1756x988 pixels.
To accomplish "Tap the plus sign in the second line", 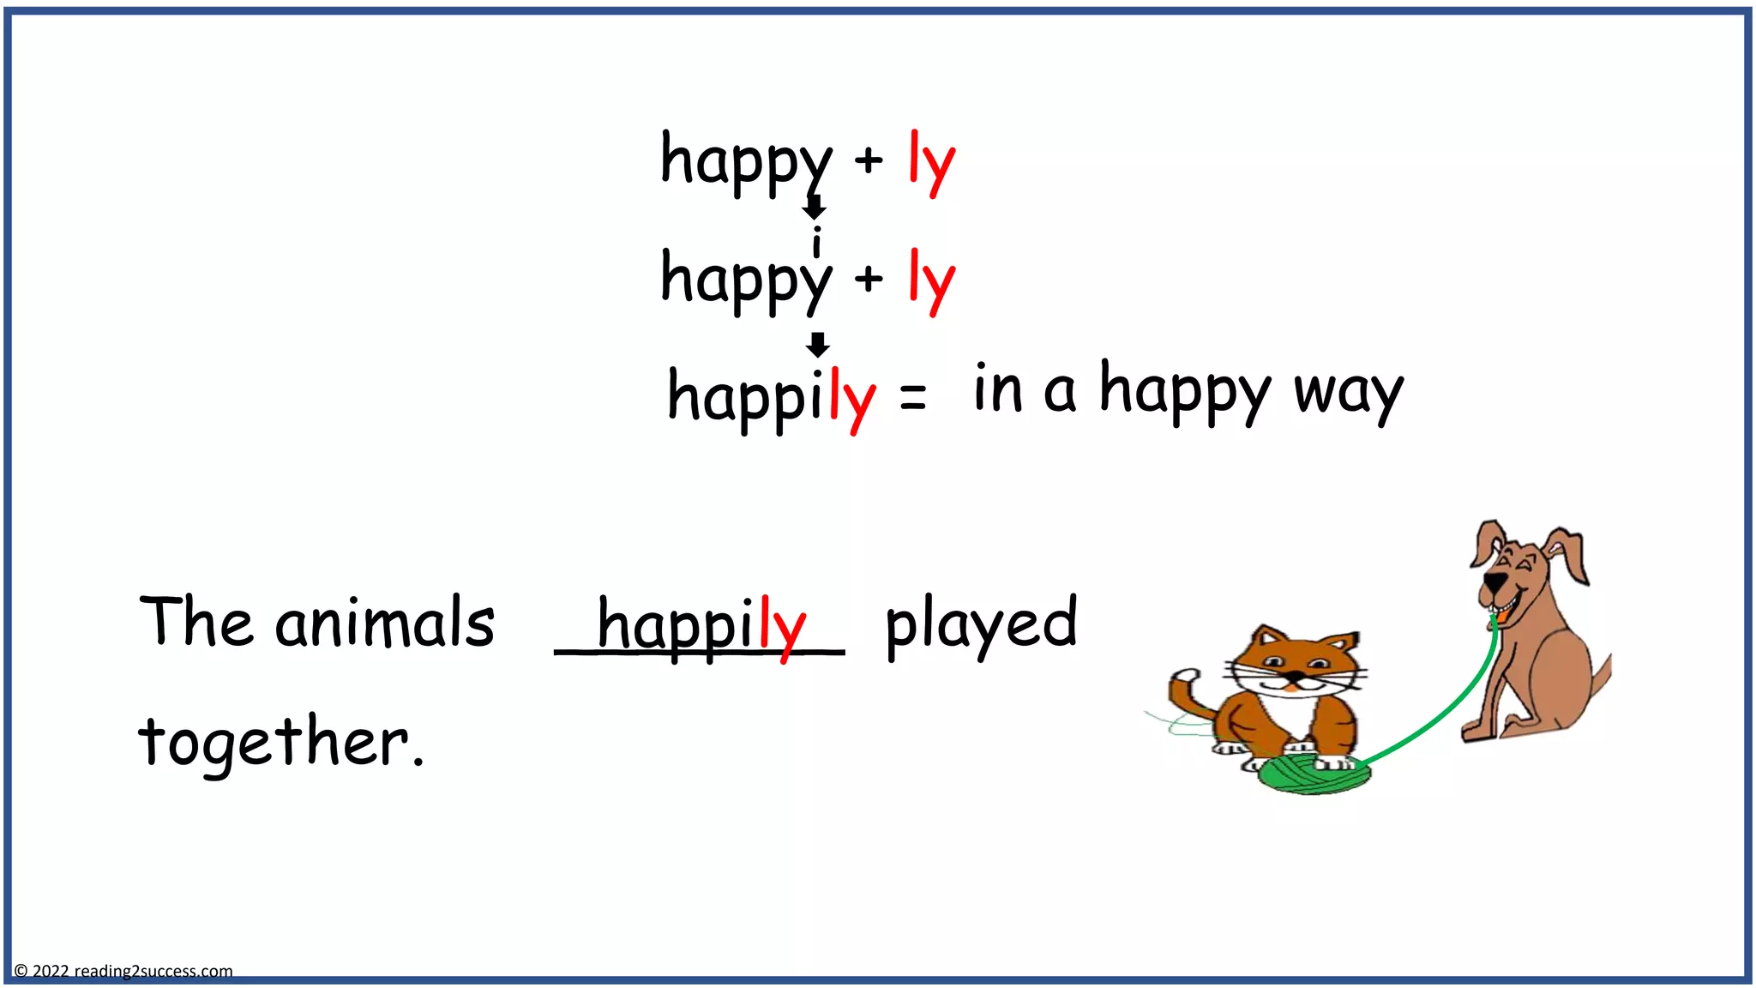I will point(869,278).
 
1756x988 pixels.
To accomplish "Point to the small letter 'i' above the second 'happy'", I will point(817,241).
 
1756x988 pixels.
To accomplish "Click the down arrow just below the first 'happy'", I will point(814,207).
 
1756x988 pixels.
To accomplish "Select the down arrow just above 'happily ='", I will point(818,344).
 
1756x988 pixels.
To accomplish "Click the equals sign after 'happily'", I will point(913,397).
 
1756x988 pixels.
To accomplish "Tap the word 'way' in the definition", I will point(1348,393).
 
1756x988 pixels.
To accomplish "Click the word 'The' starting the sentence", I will point(196,621).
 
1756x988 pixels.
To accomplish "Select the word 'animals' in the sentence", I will point(385,623).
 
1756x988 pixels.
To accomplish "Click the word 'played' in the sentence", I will point(981,624).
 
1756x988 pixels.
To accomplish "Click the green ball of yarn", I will point(1312,774).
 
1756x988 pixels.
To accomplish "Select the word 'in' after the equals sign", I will point(998,390).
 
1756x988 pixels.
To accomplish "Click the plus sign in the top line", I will point(869,160).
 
